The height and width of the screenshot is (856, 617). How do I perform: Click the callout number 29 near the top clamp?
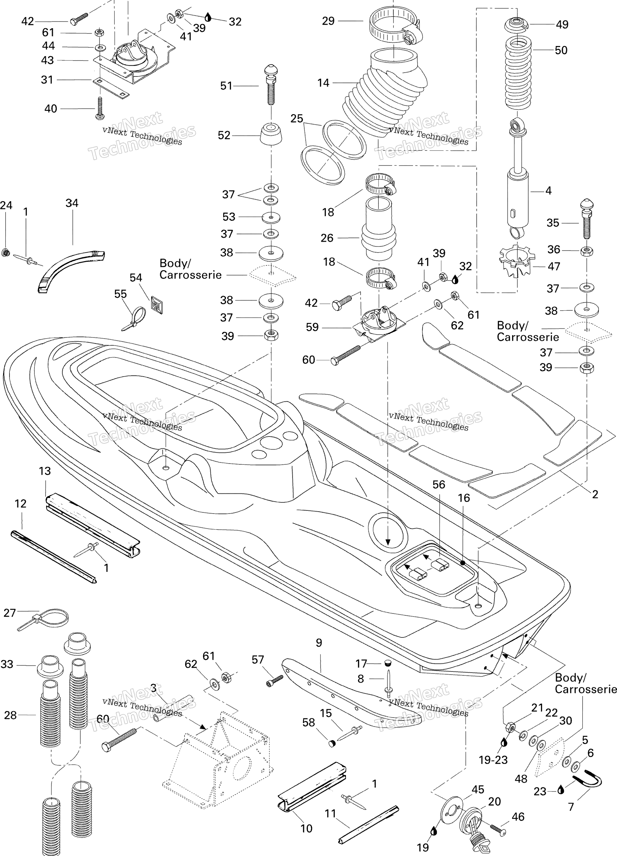[328, 21]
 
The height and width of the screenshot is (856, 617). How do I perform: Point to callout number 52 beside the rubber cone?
[224, 135]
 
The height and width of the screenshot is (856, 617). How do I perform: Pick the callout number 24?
[6, 205]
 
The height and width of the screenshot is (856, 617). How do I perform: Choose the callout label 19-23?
[493, 760]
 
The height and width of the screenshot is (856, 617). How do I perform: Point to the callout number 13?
[44, 471]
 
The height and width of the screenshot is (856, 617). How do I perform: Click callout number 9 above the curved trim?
[319, 642]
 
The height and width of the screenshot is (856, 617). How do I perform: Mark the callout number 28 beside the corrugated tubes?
[10, 715]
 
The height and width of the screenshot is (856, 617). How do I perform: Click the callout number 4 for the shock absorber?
[548, 190]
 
